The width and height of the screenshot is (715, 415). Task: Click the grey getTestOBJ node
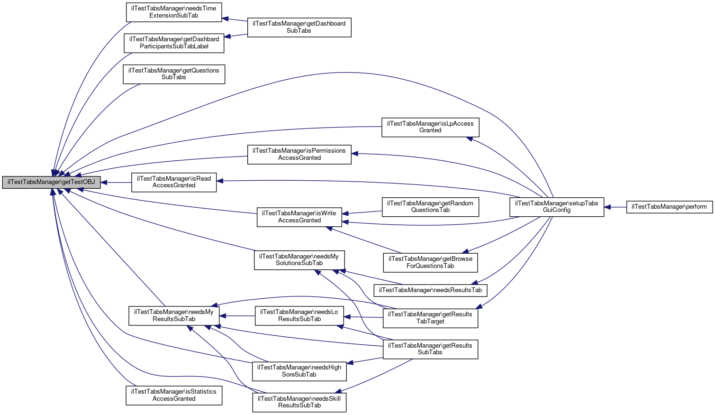point(51,182)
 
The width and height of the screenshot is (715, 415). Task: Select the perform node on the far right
point(669,207)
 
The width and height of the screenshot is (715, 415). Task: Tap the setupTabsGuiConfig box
point(556,207)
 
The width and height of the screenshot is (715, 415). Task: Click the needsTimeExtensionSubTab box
point(174,12)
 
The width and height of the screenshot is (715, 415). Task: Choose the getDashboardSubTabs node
point(299,27)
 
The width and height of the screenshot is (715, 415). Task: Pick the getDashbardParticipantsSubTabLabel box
point(174,43)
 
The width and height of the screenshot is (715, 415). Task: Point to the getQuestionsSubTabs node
point(174,74)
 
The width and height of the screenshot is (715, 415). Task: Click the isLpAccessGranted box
point(430,127)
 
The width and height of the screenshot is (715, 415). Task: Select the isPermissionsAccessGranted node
point(299,154)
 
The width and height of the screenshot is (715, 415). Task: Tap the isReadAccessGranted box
point(174,182)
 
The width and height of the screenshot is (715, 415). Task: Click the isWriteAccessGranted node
point(299,217)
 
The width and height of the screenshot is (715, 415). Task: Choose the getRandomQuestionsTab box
point(430,207)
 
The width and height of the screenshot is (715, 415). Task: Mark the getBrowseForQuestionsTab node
point(430,262)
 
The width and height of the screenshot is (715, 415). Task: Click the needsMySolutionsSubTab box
point(299,260)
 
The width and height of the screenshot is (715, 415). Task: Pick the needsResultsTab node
point(430,290)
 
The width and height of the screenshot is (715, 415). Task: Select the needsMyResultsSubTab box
point(174,315)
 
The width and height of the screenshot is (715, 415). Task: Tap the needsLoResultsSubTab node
point(299,315)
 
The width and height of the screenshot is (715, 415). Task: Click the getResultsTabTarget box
point(430,318)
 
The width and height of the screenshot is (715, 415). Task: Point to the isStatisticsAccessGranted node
point(174,395)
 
